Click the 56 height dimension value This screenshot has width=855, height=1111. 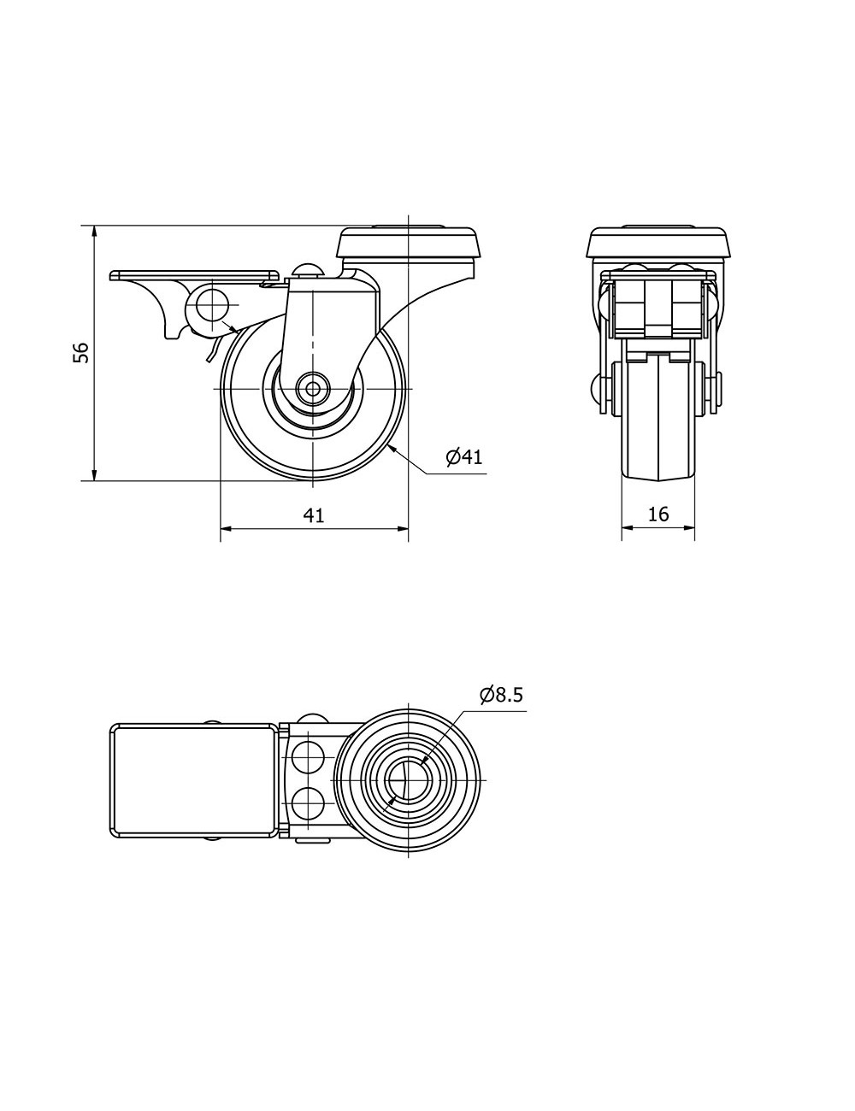click(x=80, y=353)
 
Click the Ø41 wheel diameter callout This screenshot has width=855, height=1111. click(x=463, y=456)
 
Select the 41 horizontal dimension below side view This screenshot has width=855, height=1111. click(x=314, y=514)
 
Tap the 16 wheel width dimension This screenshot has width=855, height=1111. click(x=658, y=514)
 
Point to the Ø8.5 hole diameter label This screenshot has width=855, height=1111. click(x=501, y=694)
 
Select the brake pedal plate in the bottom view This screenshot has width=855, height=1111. click(x=195, y=780)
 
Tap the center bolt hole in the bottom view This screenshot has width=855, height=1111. click(x=409, y=780)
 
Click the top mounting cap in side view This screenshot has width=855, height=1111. click(x=409, y=244)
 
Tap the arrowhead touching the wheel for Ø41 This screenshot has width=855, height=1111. click(x=392, y=449)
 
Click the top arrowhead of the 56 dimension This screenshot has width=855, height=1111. click(x=94, y=232)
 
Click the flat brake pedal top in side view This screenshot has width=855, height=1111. click(x=195, y=275)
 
